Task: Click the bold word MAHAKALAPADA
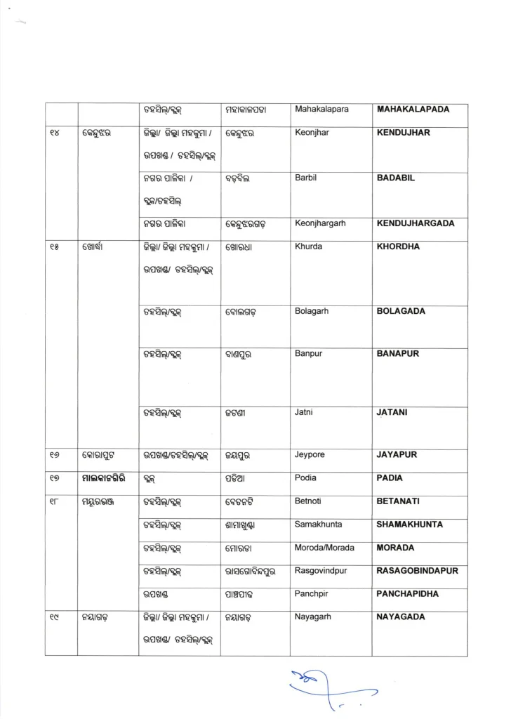(x=413, y=110)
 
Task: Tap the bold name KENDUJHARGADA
(x=416, y=224)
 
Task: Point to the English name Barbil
(x=306, y=178)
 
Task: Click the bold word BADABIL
(x=396, y=178)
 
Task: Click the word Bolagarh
(x=312, y=311)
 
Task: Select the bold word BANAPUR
(x=398, y=354)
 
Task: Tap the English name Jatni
(x=305, y=413)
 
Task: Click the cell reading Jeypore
(x=310, y=455)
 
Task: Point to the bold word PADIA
(x=390, y=478)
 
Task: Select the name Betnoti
(x=309, y=501)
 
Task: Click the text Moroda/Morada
(x=325, y=548)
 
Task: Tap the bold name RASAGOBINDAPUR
(x=418, y=571)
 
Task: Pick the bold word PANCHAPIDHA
(x=408, y=594)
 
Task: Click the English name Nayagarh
(x=313, y=617)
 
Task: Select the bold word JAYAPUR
(x=397, y=455)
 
